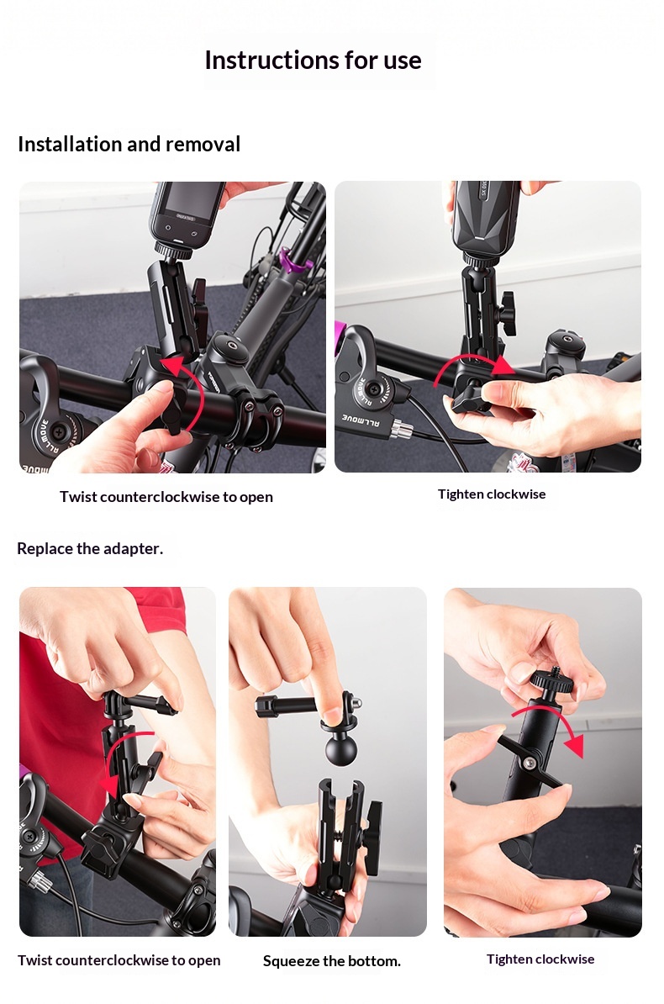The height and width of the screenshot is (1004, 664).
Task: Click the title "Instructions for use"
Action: coord(314,61)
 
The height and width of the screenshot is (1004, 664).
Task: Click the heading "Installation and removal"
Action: coord(129,144)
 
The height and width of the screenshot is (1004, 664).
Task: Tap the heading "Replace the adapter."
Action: coord(90,549)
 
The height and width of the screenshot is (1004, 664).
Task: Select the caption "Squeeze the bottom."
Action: coord(332,961)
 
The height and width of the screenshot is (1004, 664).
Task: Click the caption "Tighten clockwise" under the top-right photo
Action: coord(492,494)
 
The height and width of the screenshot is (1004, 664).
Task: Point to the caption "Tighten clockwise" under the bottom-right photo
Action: coord(540,959)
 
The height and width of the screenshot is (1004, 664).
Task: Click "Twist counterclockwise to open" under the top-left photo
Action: coord(166,497)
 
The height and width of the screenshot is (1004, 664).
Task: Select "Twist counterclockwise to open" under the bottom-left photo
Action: coord(119,960)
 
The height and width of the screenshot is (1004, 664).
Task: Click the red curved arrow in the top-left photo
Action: coord(199,391)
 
